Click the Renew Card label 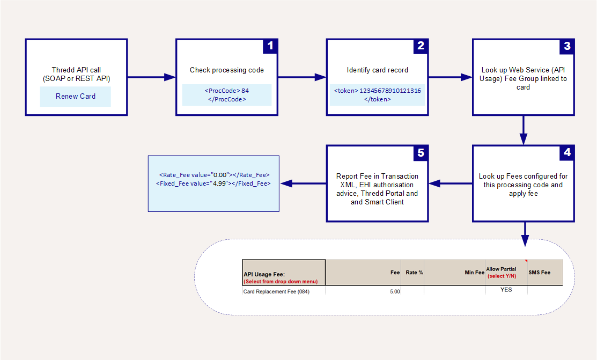pos(76,97)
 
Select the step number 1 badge pos(270,46)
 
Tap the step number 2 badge pos(421,46)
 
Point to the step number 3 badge pos(567,47)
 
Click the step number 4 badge pos(567,152)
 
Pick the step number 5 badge pos(421,153)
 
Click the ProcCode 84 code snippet pos(227,95)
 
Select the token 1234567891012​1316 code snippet pos(377,95)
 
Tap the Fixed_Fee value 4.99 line pos(213,183)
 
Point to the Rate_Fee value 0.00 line pos(215,175)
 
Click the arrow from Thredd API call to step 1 pos(152,77)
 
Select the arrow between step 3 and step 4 pos(524,130)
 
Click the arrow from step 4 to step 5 pos(451,183)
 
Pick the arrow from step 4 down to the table pos(525,234)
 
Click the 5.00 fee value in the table pos(395,291)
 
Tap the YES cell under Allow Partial pos(506,290)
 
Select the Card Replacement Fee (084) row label pos(276,291)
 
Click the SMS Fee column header pos(539,273)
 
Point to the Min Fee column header pos(474,273)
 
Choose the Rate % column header pos(414,273)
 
